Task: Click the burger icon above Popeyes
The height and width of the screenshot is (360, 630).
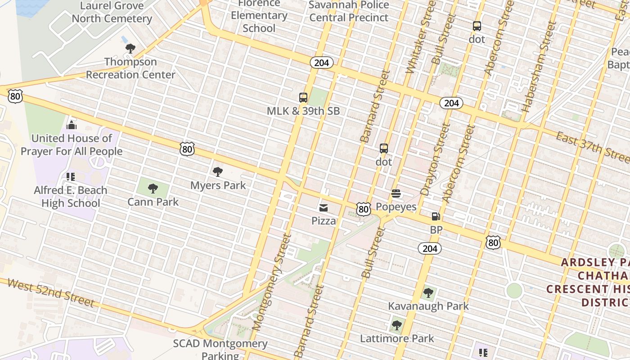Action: [396, 193]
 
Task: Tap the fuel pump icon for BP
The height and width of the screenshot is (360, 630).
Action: [436, 216]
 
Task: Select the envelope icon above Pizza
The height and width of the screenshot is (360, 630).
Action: [323, 207]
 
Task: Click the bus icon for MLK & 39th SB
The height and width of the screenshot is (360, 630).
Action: [303, 98]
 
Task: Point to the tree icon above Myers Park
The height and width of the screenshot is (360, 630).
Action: [218, 171]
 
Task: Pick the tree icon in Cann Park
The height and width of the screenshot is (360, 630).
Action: [153, 189]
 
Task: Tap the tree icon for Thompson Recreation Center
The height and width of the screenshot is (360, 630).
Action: [130, 48]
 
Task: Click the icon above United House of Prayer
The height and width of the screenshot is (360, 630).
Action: [72, 125]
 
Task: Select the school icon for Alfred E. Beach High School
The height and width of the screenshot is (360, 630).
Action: [70, 176]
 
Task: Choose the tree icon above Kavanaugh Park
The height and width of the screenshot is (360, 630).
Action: [428, 293]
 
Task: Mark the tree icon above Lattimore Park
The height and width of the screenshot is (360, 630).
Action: [397, 325]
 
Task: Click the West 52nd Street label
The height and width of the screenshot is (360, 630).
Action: [51, 292]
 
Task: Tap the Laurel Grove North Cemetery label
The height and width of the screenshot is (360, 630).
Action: [112, 12]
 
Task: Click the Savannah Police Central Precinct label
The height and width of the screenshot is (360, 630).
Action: [349, 11]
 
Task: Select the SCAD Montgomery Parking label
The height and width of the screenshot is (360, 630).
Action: [220, 349]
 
